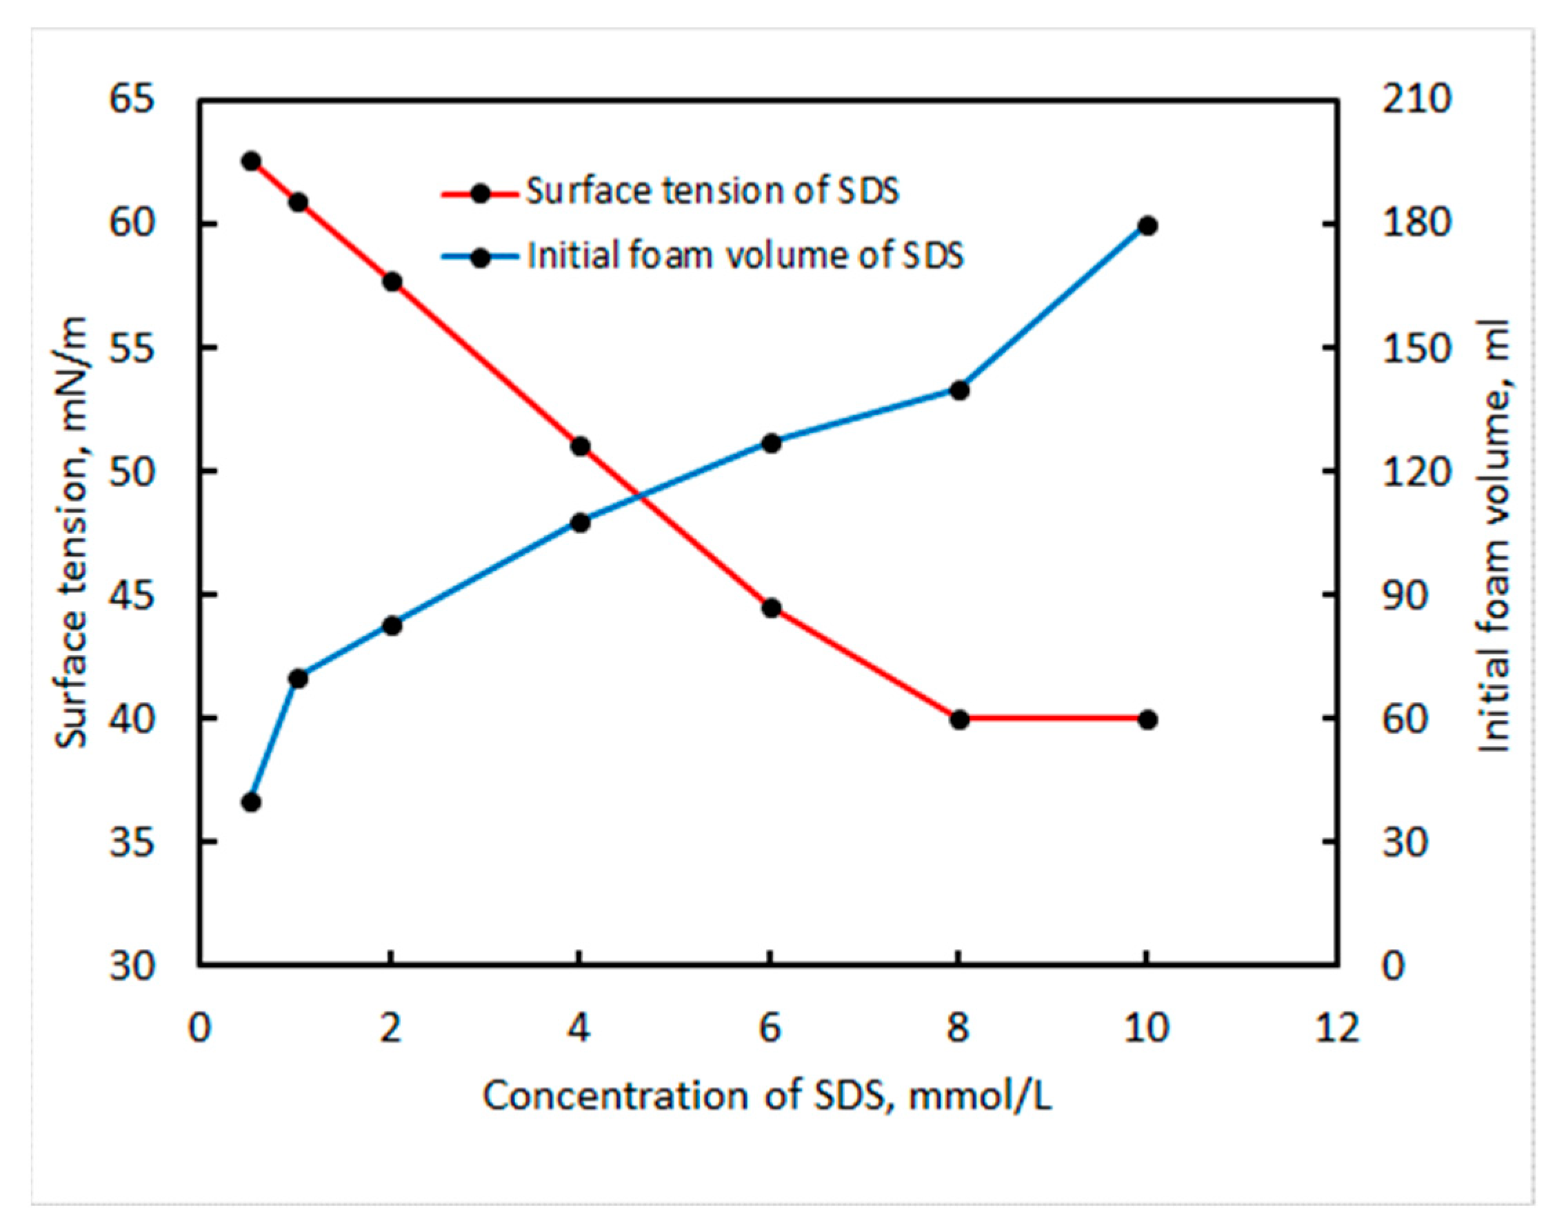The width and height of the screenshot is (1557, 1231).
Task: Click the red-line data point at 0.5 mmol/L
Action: (x=251, y=161)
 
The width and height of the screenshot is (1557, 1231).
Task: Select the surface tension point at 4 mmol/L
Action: (x=581, y=446)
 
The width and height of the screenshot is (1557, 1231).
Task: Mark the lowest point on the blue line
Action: (x=251, y=802)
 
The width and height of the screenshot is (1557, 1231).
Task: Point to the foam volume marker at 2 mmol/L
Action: (x=392, y=625)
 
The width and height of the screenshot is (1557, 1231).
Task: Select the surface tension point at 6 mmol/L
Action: (x=771, y=608)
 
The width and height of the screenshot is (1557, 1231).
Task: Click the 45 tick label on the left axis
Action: (x=132, y=595)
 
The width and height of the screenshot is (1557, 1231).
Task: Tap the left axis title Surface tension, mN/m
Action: (x=72, y=532)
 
